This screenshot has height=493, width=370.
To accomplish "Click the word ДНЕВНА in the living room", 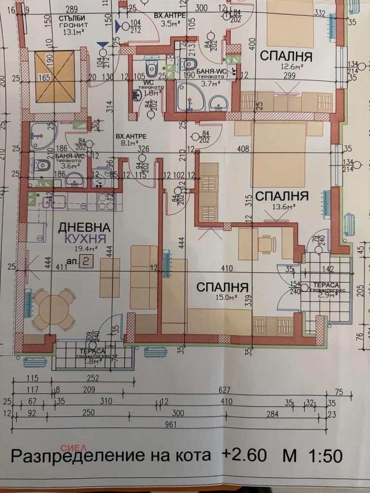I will click(84, 227).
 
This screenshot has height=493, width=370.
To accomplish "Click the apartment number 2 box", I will click(85, 262).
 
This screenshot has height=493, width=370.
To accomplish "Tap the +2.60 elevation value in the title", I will click(244, 456).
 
